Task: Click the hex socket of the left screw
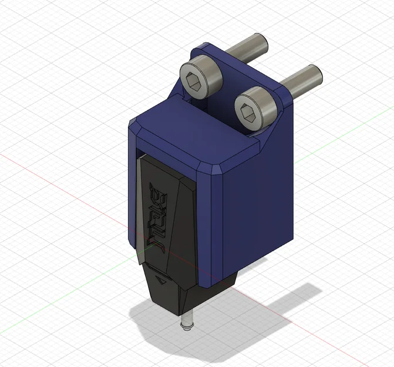tap(196, 82)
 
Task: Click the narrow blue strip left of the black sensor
tap(132, 194)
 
